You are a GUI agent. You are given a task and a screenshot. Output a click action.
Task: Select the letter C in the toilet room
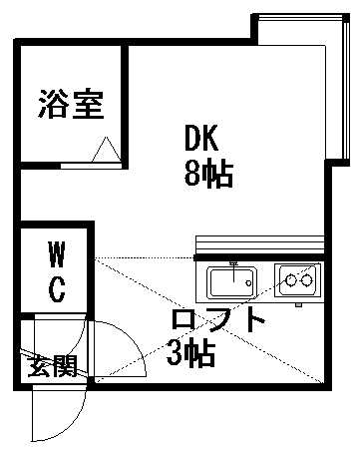pyautogui.click(x=57, y=289)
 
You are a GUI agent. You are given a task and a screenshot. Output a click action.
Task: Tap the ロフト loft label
pyautogui.click(x=219, y=321)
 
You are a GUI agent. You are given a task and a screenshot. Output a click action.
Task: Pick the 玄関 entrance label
pyautogui.click(x=53, y=366)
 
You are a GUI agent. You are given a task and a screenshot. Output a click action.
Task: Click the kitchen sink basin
pyautogui.click(x=232, y=281)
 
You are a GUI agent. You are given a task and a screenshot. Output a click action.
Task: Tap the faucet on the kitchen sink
pyautogui.click(x=232, y=269)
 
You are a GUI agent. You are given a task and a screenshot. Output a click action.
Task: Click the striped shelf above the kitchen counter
pyautogui.click(x=260, y=244)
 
